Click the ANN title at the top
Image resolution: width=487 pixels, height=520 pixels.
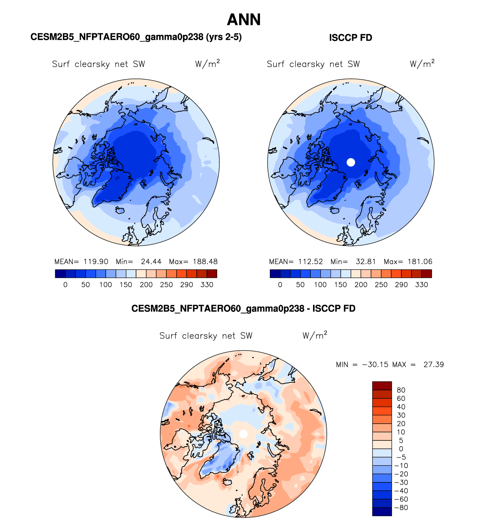point(244,20)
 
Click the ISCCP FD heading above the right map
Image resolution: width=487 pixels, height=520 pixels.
point(351,38)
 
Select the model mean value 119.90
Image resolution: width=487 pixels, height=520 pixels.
point(96,262)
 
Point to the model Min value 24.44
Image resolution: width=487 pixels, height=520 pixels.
point(151,262)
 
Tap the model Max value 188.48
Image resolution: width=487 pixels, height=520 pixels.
point(205,262)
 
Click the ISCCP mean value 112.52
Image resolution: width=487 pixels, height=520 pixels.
point(310,262)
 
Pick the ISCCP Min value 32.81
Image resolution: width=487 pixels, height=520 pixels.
point(366,262)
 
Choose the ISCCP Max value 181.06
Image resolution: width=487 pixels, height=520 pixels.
point(420,262)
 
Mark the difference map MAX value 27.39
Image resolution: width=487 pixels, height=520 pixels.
point(434,365)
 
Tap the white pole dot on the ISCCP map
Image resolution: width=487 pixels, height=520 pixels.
point(351,162)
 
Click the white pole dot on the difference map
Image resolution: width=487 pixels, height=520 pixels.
point(244,434)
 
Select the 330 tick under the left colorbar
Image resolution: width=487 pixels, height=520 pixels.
point(207,285)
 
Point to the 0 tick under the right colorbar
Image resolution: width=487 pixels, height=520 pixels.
point(280,285)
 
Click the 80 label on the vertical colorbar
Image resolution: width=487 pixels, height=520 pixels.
point(401,390)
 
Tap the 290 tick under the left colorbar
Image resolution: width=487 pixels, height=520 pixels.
point(186,285)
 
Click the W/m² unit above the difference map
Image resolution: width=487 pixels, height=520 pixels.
point(315,335)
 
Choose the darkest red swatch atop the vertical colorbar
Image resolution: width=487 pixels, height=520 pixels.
point(382,386)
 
